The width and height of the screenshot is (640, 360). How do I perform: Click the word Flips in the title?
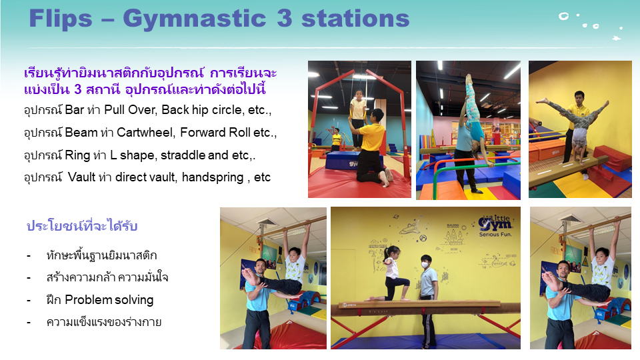tap(61, 19)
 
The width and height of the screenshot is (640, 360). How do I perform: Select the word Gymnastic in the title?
tap(195, 19)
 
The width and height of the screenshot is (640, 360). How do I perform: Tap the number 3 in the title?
tap(285, 19)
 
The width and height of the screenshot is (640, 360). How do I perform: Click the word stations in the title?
tap(355, 19)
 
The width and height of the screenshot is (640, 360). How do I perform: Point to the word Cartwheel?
tap(146, 132)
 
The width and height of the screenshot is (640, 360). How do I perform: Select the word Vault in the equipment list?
tap(81, 177)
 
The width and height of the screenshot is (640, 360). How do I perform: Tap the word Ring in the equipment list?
tap(77, 155)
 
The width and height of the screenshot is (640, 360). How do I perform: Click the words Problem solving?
tap(109, 300)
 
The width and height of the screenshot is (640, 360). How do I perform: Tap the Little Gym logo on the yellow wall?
tap(495, 223)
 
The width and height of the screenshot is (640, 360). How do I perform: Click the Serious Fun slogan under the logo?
tap(495, 234)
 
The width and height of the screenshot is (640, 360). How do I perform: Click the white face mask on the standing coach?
tap(425, 265)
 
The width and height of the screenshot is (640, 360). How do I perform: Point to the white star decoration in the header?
tap(616, 39)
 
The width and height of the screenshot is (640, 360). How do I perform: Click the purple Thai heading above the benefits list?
tap(82, 226)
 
